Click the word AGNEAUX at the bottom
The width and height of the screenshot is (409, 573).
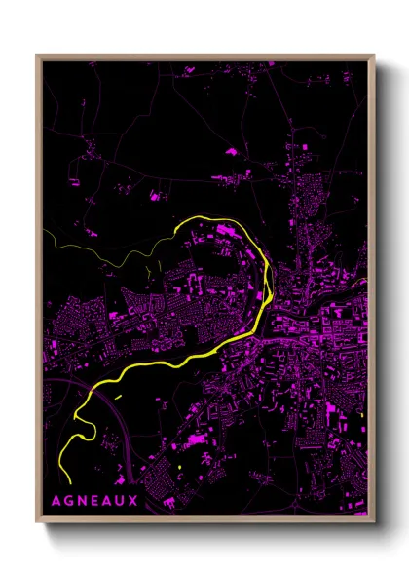pos(93,502)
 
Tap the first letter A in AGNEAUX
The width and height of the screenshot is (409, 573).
pos(55,502)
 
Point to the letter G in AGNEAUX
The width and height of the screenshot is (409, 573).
pos(67,502)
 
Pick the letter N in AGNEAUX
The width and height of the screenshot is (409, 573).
pos(81,502)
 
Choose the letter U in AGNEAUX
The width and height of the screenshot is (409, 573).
pos(120,502)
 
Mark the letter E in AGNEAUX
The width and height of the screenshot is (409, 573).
pos(93,502)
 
